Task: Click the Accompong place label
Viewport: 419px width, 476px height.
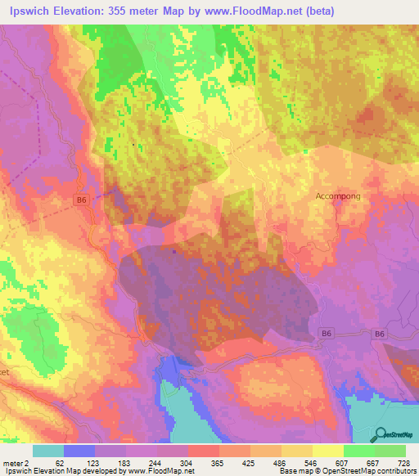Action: [x=338, y=197]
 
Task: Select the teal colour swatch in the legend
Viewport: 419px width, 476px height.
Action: [x=48, y=451]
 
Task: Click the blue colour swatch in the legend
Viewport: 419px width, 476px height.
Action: [x=79, y=451]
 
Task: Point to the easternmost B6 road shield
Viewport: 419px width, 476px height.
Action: [x=379, y=334]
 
